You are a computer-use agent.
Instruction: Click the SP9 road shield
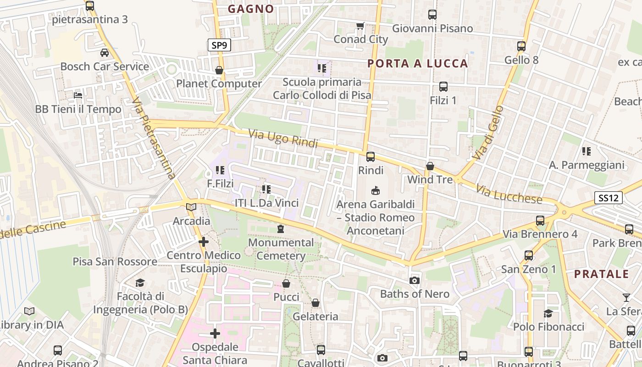click(219, 45)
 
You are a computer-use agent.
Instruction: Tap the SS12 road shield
click(609, 198)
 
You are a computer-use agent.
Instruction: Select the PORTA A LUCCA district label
click(418, 63)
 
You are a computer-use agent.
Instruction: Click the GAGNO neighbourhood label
click(251, 9)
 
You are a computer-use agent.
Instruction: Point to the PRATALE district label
click(602, 274)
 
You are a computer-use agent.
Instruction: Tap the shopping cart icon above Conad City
click(360, 26)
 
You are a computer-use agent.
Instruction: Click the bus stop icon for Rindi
click(371, 156)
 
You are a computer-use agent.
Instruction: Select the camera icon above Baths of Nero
click(415, 280)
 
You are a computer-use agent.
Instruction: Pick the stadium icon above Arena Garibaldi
click(376, 190)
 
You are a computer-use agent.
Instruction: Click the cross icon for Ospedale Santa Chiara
click(215, 334)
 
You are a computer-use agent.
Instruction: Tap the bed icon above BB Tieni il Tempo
click(78, 95)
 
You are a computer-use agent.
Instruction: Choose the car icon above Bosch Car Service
click(105, 53)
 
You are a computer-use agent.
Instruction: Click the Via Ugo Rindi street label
click(283, 139)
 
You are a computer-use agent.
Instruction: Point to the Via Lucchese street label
click(509, 195)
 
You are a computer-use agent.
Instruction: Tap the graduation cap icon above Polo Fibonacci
click(548, 313)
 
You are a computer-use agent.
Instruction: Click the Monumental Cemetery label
click(281, 249)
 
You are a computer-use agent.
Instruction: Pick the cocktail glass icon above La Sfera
click(626, 297)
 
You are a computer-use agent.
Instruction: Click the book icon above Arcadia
click(191, 207)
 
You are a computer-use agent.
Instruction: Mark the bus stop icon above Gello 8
click(521, 46)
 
